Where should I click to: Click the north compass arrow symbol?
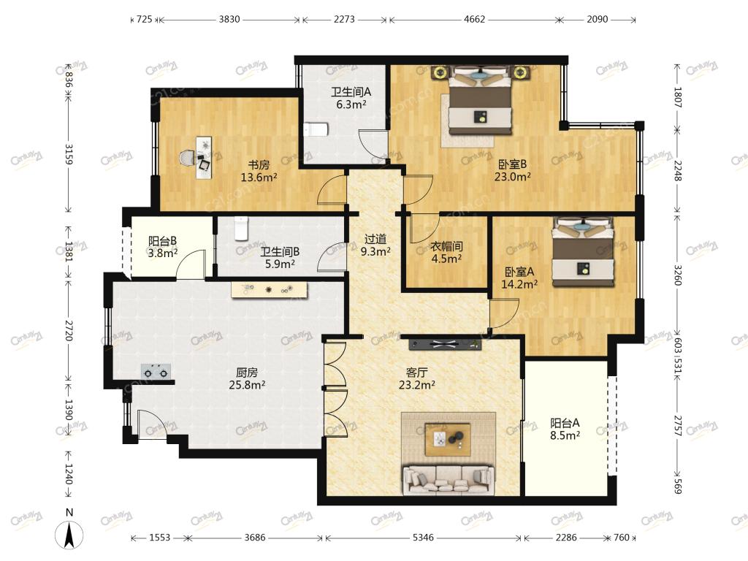69,534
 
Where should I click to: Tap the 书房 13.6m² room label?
259,171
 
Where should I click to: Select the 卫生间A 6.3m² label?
351,98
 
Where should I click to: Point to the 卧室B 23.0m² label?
512,170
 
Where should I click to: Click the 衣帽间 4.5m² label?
446,252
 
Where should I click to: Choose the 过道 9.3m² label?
375,245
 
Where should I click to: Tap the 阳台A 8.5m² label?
565,428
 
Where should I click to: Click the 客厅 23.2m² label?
416,378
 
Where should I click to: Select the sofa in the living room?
449,480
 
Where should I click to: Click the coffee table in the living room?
449,439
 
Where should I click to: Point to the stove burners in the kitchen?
156,371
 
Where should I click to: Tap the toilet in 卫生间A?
316,129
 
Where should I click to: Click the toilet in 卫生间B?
242,228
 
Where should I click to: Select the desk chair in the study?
187,158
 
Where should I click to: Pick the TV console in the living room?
445,344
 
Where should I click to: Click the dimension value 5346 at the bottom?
423,538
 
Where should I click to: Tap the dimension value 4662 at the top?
474,19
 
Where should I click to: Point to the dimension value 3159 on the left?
69,154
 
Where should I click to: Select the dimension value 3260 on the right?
677,275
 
